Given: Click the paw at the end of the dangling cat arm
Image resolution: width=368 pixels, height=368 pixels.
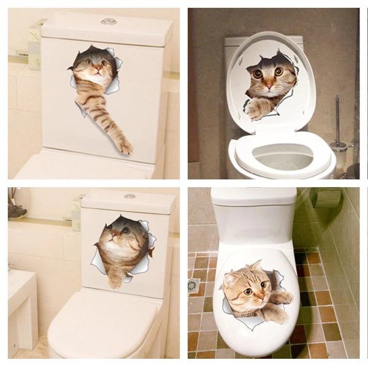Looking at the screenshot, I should pos(125,147).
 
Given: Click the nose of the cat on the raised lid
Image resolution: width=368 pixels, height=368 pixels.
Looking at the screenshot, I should pos(267,81).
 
